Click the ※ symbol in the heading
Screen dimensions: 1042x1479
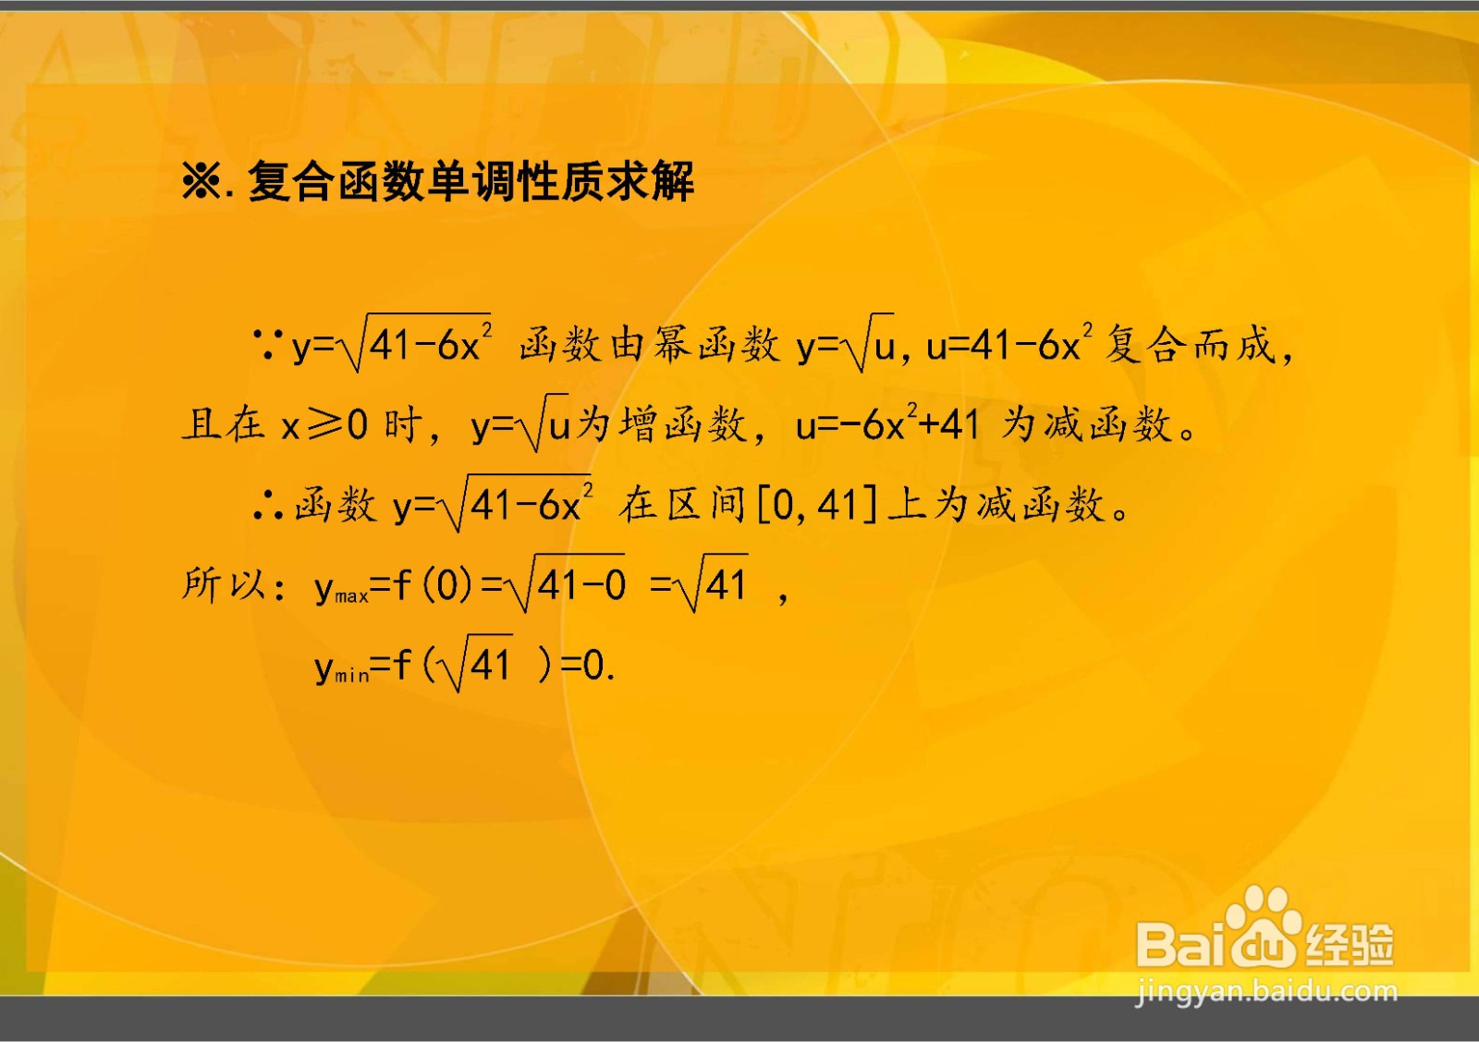(201, 181)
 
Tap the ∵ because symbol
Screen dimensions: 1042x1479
(268, 346)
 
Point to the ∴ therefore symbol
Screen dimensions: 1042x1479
(268, 505)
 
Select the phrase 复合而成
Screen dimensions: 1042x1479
(1190, 346)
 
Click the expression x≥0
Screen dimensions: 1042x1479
(324, 425)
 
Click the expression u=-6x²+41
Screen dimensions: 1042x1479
(887, 425)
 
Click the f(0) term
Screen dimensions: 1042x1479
(434, 585)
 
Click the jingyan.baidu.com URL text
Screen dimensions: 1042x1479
(1266, 992)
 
